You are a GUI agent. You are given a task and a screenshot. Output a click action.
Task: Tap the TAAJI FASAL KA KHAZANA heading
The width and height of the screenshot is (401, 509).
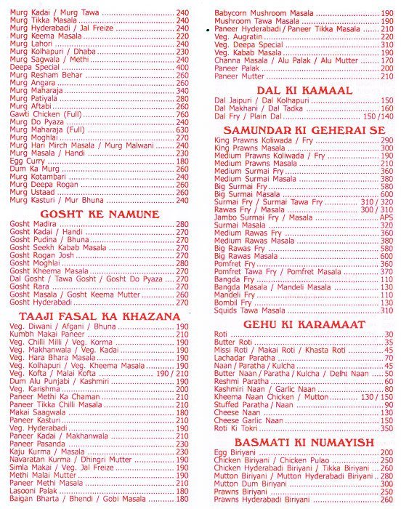99,317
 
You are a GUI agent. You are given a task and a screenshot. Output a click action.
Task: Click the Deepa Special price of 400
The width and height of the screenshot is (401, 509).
182,67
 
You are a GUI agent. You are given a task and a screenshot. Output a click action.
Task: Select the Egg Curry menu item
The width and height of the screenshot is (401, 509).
25,161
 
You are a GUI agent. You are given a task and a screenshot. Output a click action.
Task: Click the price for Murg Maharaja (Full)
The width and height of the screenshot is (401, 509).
182,129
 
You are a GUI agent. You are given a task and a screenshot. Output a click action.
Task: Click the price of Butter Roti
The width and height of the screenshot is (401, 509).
389,342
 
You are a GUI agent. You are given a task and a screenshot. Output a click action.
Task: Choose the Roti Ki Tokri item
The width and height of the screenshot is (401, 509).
235,429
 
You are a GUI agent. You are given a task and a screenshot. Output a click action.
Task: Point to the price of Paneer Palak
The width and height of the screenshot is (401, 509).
386,68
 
